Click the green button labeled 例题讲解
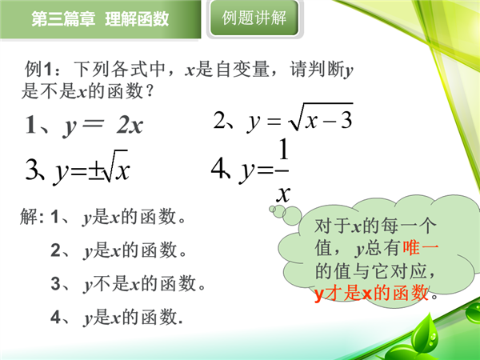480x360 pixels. click(254, 18)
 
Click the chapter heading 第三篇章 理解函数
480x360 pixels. click(100, 19)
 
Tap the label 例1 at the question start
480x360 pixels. click(38, 69)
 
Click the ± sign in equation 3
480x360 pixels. click(96, 171)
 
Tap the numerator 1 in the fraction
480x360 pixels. click(284, 149)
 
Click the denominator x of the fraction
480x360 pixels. click(283, 193)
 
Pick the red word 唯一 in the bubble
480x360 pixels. click(420, 247)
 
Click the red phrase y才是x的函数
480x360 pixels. click(371, 293)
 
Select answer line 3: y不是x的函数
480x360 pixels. click(128, 283)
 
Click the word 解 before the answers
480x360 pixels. click(29, 217)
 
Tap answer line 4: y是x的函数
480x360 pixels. click(117, 317)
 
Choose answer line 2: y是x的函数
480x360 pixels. click(118, 250)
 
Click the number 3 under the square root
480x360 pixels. click(346, 120)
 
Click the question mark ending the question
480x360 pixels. click(150, 90)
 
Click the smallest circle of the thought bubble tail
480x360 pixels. click(272, 209)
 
